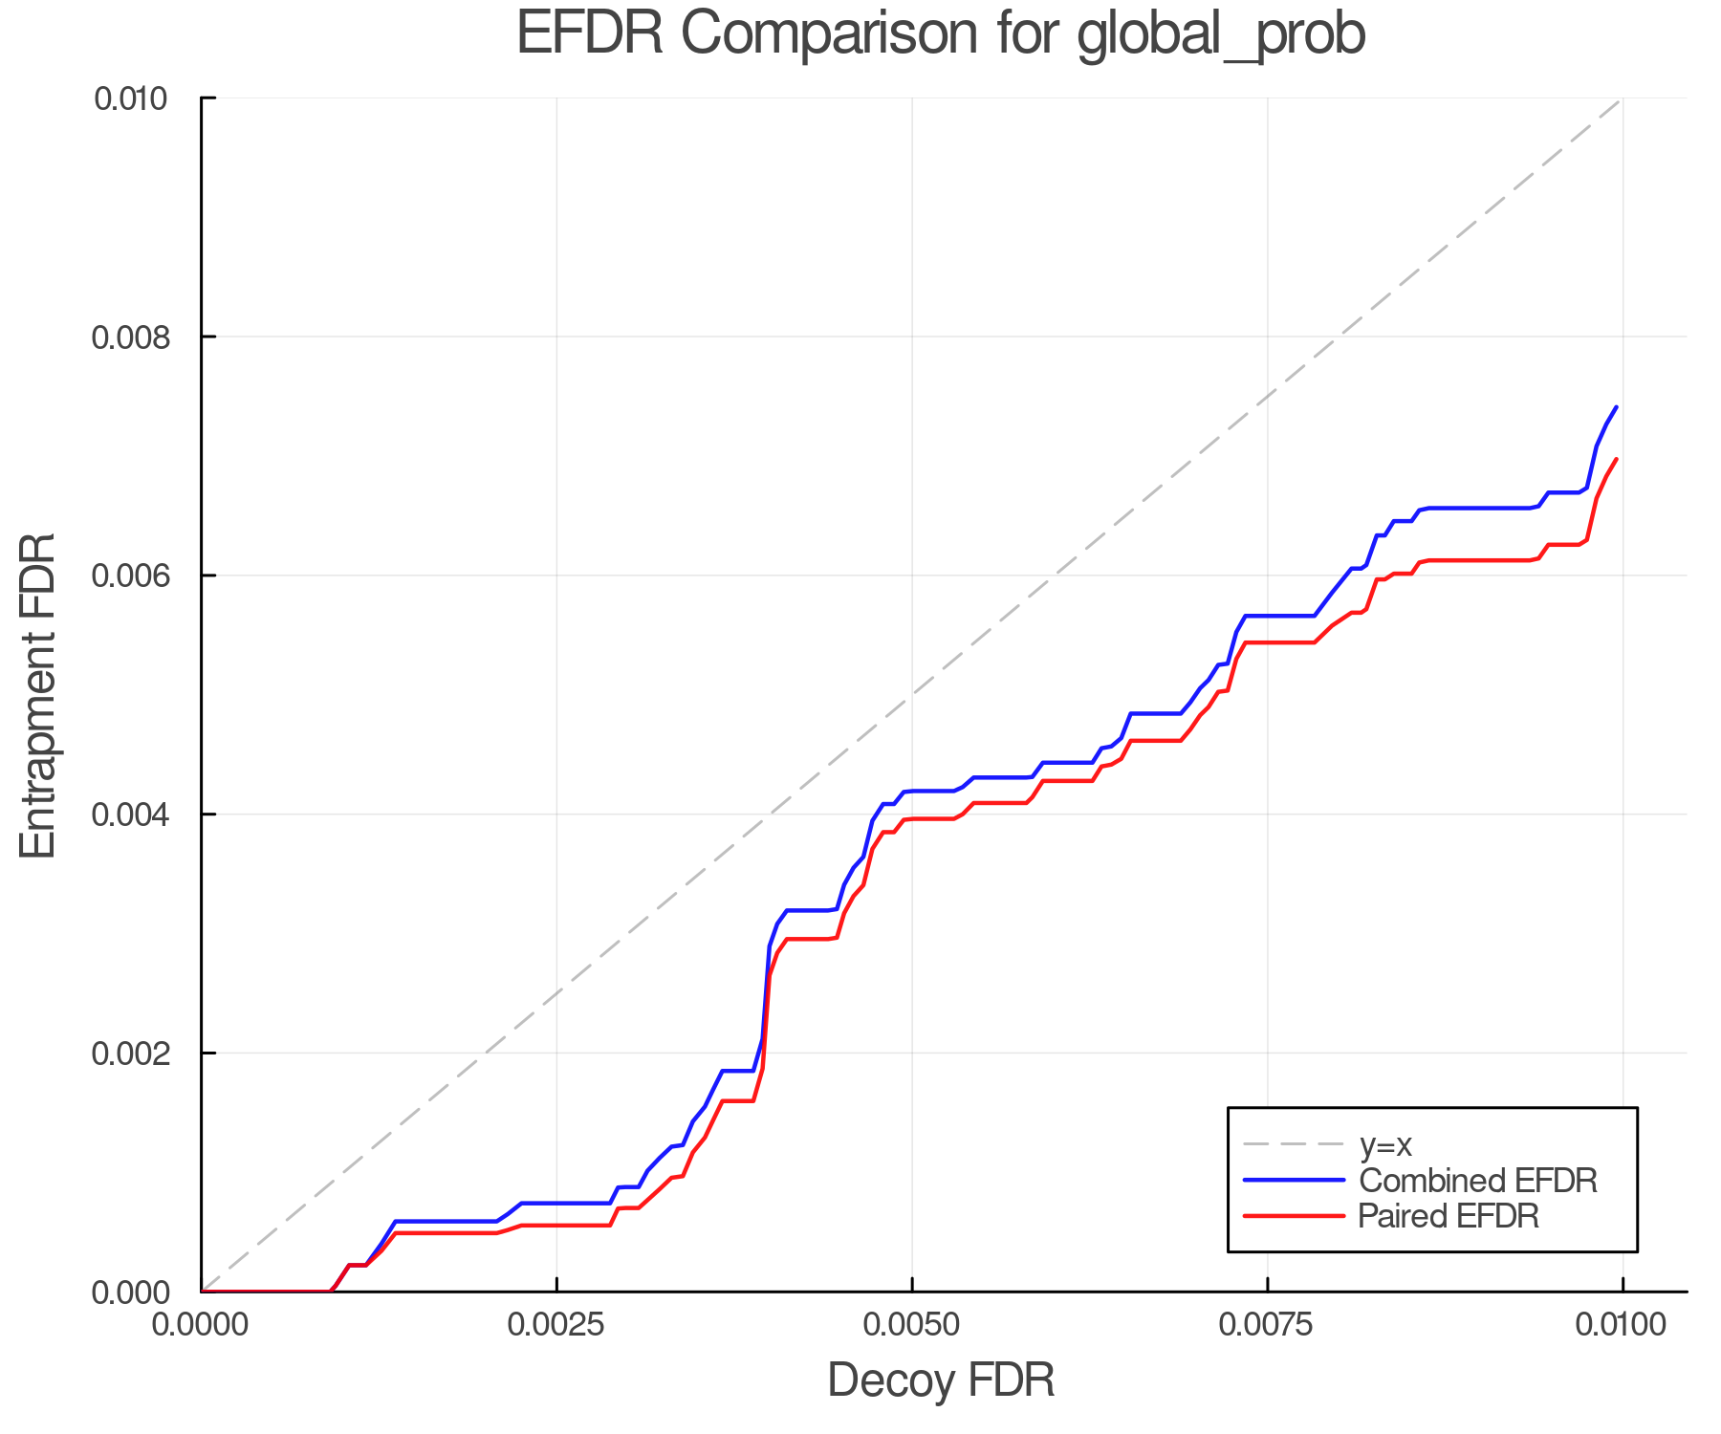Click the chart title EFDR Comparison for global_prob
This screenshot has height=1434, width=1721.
(941, 34)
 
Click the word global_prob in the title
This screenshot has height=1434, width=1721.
(1221, 36)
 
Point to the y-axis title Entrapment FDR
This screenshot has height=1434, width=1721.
(38, 695)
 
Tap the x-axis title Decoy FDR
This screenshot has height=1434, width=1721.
(941, 1380)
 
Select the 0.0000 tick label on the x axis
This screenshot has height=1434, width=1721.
(201, 1325)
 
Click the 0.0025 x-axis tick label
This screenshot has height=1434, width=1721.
(556, 1325)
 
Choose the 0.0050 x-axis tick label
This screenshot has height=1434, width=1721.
(912, 1325)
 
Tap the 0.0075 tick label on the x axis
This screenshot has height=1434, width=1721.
(1268, 1325)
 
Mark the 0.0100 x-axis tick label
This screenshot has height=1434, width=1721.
(1623, 1325)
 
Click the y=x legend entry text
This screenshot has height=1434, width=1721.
(1385, 1144)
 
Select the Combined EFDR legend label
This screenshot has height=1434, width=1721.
(1477, 1181)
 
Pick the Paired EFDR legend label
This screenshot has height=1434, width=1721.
(1449, 1216)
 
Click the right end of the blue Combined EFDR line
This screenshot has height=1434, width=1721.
(1616, 407)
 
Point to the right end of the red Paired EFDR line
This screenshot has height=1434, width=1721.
(1616, 459)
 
